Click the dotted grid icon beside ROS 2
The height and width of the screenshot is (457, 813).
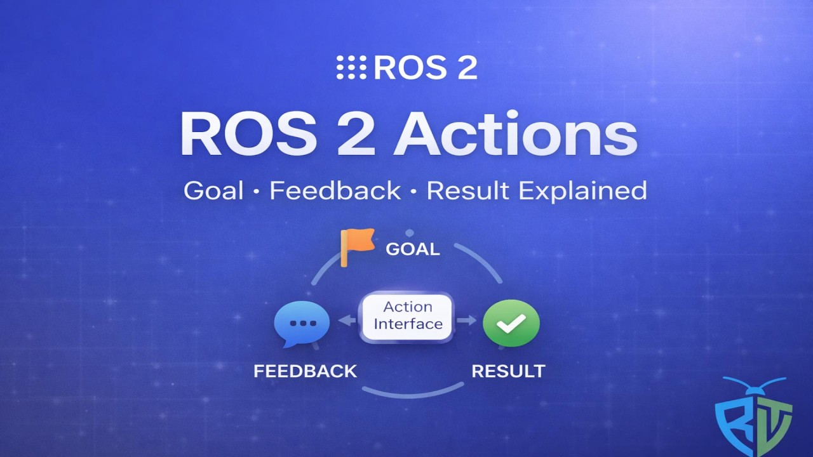351,67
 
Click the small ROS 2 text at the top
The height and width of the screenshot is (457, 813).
425,67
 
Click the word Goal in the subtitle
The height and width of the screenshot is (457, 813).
213,190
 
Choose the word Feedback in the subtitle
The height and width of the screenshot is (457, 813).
335,190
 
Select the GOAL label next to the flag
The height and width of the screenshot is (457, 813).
413,249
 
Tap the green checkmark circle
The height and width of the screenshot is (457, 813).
511,323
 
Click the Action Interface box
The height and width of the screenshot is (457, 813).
407,316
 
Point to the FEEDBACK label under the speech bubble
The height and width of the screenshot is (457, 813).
305,371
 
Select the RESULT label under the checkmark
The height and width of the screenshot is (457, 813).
508,371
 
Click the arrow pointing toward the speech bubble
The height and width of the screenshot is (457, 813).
347,321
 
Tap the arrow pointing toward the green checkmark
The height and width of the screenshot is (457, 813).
467,321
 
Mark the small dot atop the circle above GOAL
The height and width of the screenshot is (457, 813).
410,233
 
